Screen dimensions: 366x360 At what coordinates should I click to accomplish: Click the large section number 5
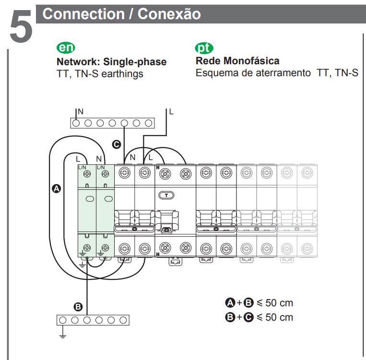21,26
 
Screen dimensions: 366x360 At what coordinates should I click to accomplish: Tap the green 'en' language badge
66,48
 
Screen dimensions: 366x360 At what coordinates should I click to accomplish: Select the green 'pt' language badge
204,48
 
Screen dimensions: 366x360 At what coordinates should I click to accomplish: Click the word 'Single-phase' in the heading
135,62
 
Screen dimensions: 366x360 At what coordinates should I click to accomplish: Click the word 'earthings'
122,74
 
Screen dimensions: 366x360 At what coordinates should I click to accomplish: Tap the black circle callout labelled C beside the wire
117,144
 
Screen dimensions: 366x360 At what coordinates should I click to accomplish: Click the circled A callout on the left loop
56,188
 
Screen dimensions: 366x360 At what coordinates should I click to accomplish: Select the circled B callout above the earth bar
78,307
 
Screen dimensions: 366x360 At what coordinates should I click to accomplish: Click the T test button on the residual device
166,195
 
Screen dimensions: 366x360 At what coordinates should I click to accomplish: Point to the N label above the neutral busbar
81,112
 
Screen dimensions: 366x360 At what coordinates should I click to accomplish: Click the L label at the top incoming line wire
171,112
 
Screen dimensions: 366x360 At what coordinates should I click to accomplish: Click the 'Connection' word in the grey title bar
83,14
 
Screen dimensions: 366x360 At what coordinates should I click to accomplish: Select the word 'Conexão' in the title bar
169,14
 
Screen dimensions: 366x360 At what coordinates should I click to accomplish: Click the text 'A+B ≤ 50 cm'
259,303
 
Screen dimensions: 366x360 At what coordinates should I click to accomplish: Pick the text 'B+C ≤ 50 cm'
259,317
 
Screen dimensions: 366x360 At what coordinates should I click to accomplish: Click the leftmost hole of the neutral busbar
76,123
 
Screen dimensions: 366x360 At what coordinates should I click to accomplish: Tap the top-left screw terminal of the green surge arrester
87,174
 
